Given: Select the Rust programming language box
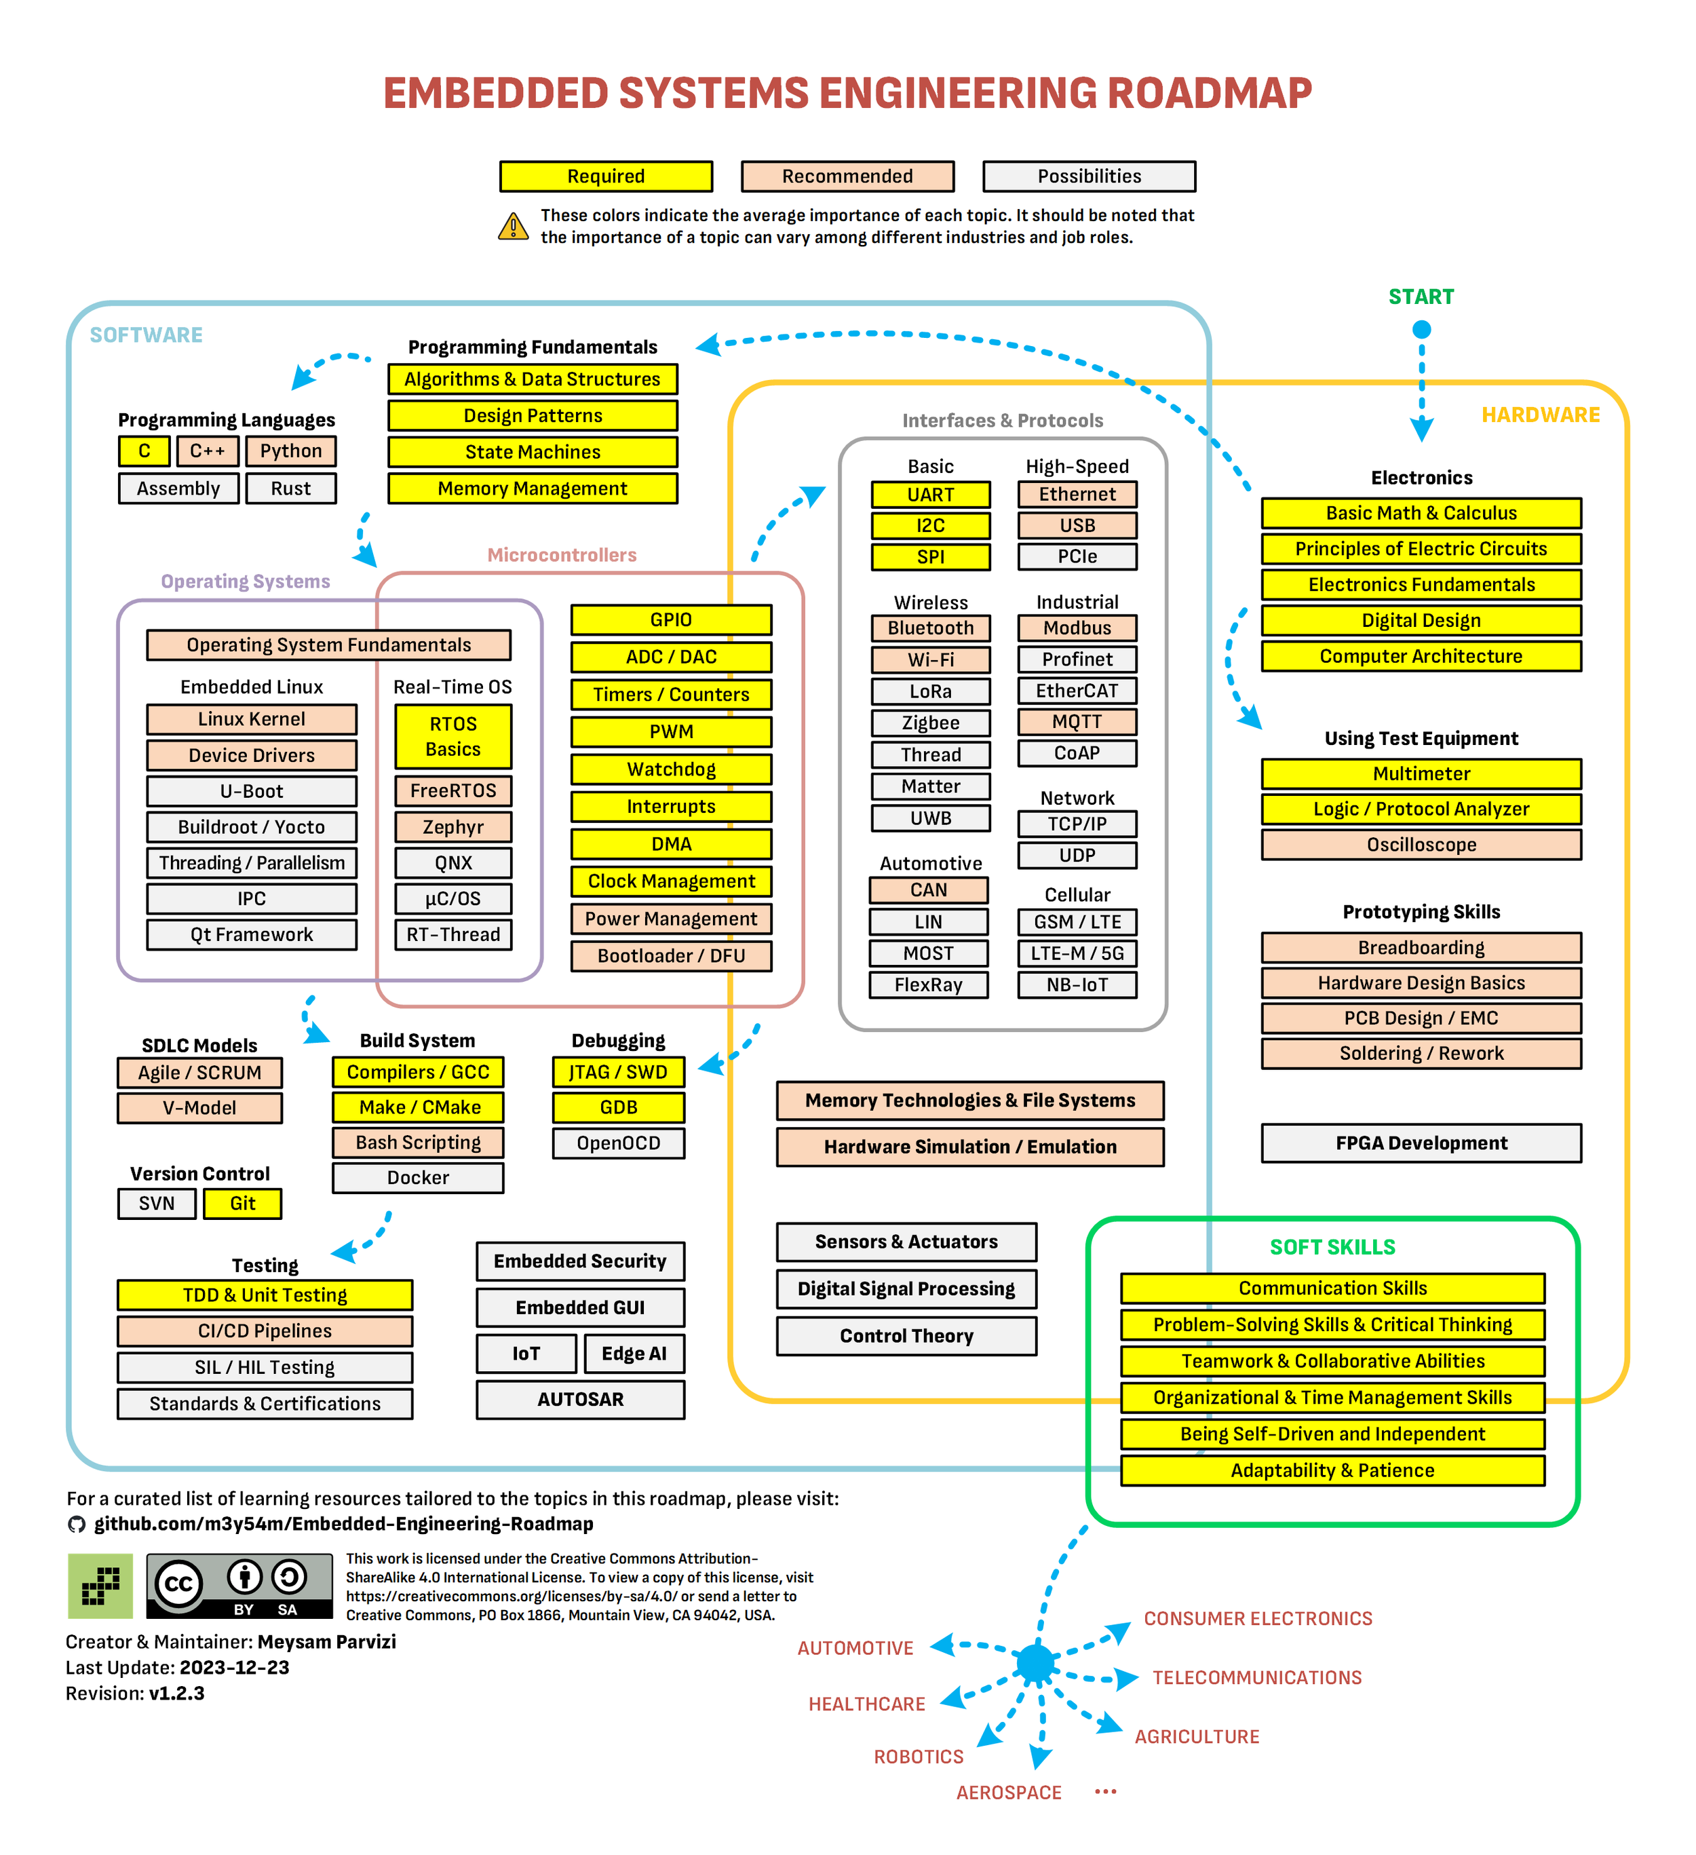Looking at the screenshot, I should [291, 488].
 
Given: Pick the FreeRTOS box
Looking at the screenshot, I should [452, 790].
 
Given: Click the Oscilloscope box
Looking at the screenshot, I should [1421, 844].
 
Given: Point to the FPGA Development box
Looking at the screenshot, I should [1421, 1142].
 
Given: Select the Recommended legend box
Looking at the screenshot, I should [847, 176].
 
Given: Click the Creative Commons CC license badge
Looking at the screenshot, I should [239, 1586].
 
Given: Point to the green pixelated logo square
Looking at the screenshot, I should [100, 1586].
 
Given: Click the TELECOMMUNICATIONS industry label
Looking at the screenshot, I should [1257, 1677].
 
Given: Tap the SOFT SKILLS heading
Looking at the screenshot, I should [1332, 1247].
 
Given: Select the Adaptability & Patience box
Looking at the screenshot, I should [1332, 1470].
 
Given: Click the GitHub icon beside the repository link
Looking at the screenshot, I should [77, 1524].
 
